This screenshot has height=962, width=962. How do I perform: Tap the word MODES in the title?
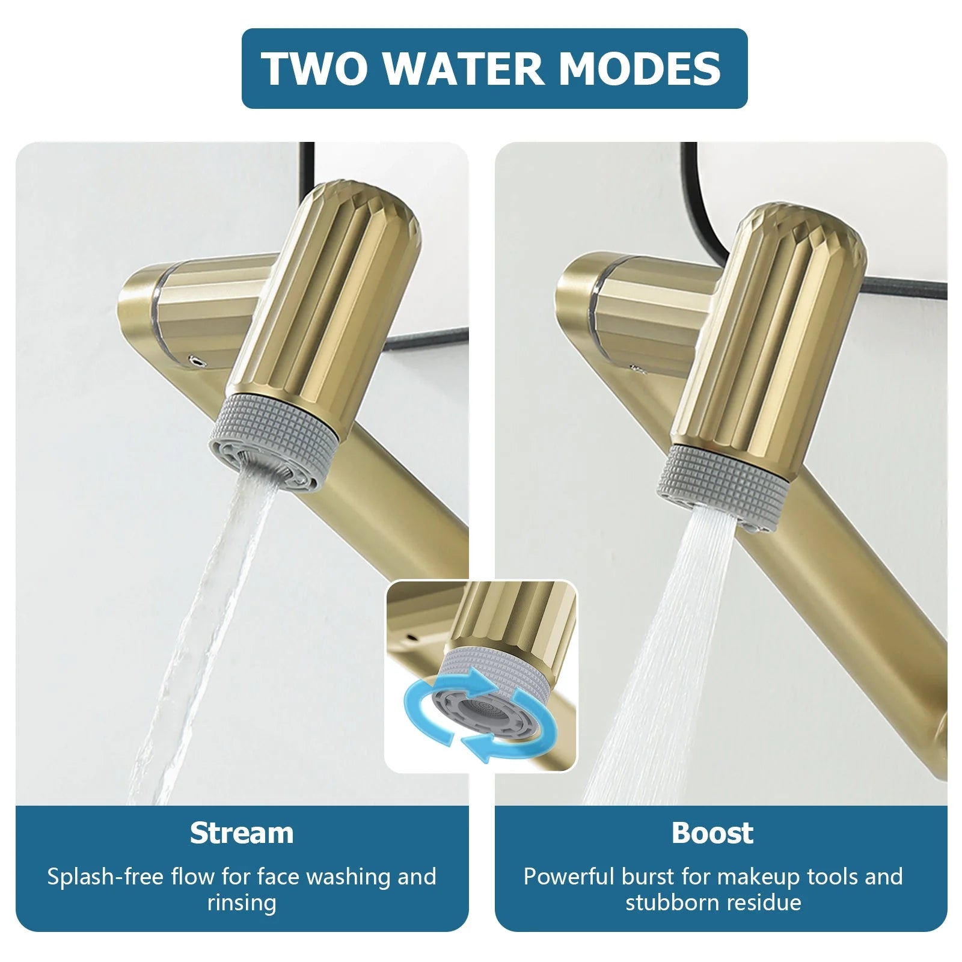[639, 69]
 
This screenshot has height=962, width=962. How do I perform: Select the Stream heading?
[242, 833]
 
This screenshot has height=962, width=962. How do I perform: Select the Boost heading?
[712, 833]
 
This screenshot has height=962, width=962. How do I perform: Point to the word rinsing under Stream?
[242, 902]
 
